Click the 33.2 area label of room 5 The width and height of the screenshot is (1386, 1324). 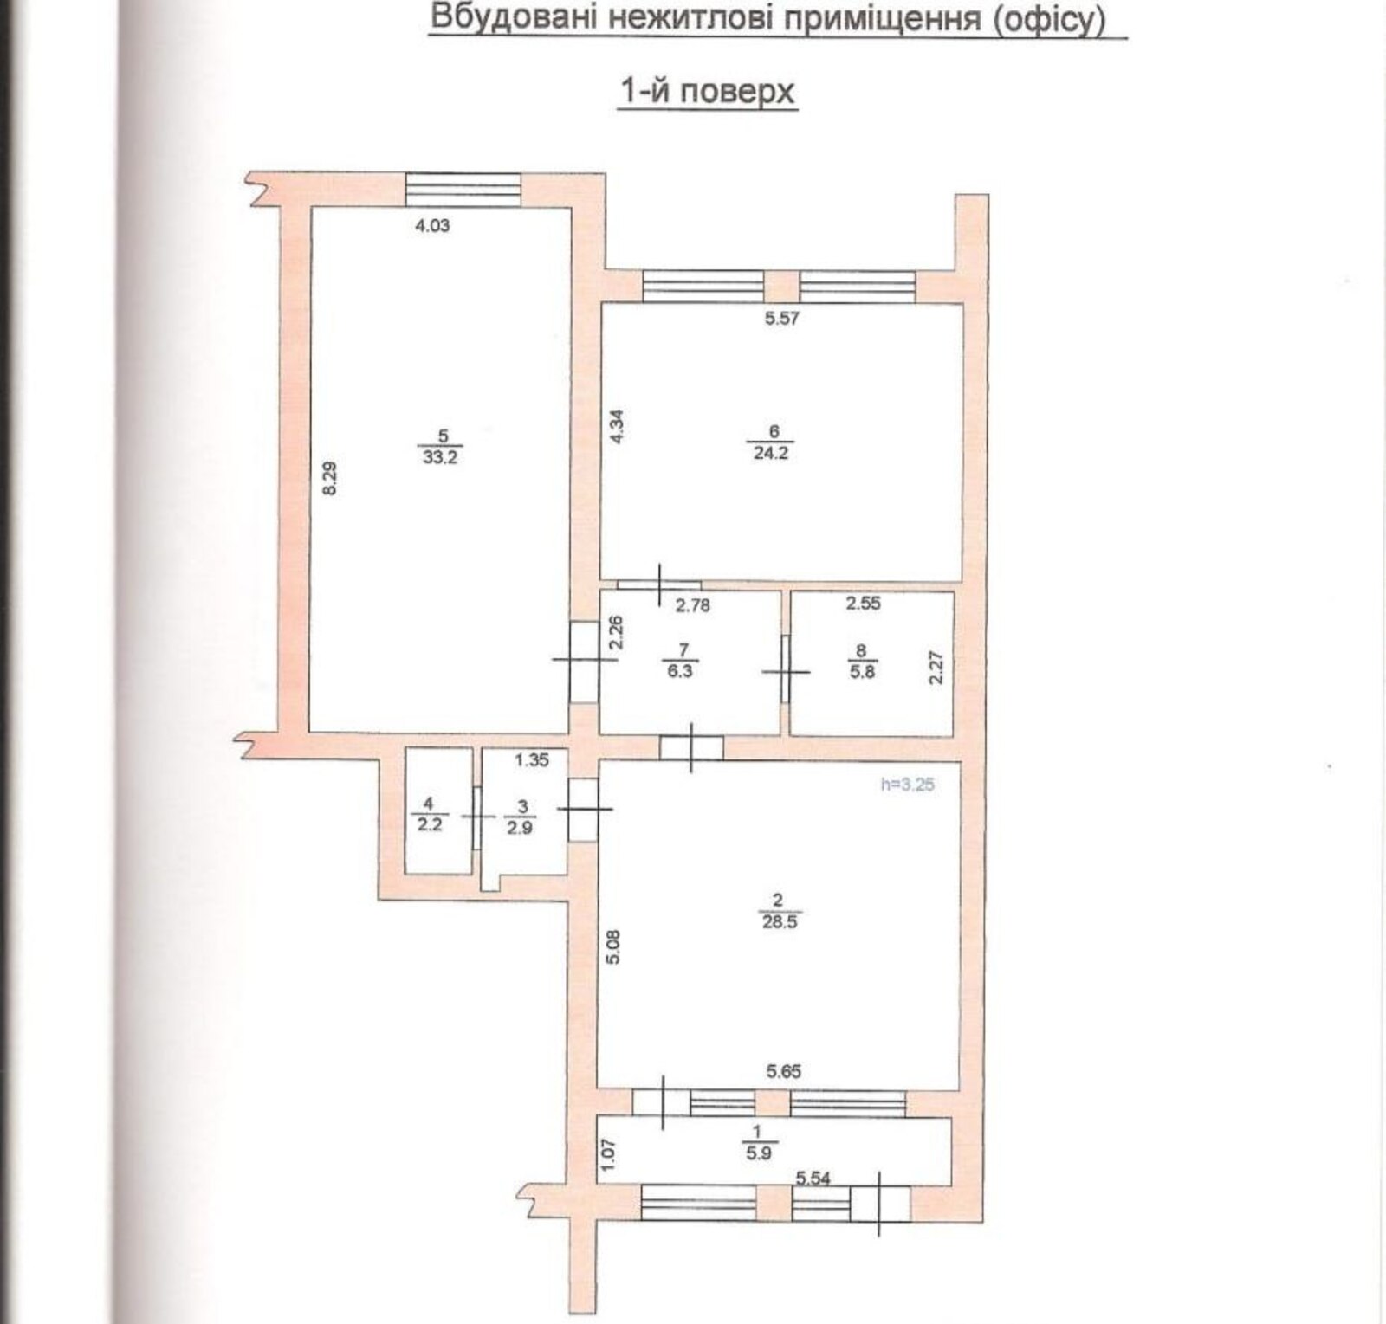coord(439,457)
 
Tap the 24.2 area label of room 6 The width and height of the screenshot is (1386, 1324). coord(771,453)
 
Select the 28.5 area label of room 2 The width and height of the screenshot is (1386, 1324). coord(780,923)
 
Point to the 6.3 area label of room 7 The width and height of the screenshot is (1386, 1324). coord(681,670)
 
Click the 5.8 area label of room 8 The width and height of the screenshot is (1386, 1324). coord(862,671)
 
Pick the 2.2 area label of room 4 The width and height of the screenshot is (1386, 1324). coord(430,825)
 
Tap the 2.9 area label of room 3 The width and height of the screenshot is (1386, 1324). coord(521,827)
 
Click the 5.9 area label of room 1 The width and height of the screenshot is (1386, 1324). coord(758,1153)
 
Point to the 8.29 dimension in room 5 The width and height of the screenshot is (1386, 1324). coord(329,478)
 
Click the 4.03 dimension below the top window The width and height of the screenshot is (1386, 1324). coord(433,226)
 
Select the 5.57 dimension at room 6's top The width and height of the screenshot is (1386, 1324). coord(781,318)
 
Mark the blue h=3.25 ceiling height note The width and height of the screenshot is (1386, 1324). coord(908,785)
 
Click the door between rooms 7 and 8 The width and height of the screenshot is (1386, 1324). coord(786,671)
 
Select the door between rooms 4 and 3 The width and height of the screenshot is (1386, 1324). coord(477,817)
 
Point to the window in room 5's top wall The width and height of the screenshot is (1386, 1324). coord(463,190)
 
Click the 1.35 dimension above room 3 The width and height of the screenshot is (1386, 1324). coord(532,760)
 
